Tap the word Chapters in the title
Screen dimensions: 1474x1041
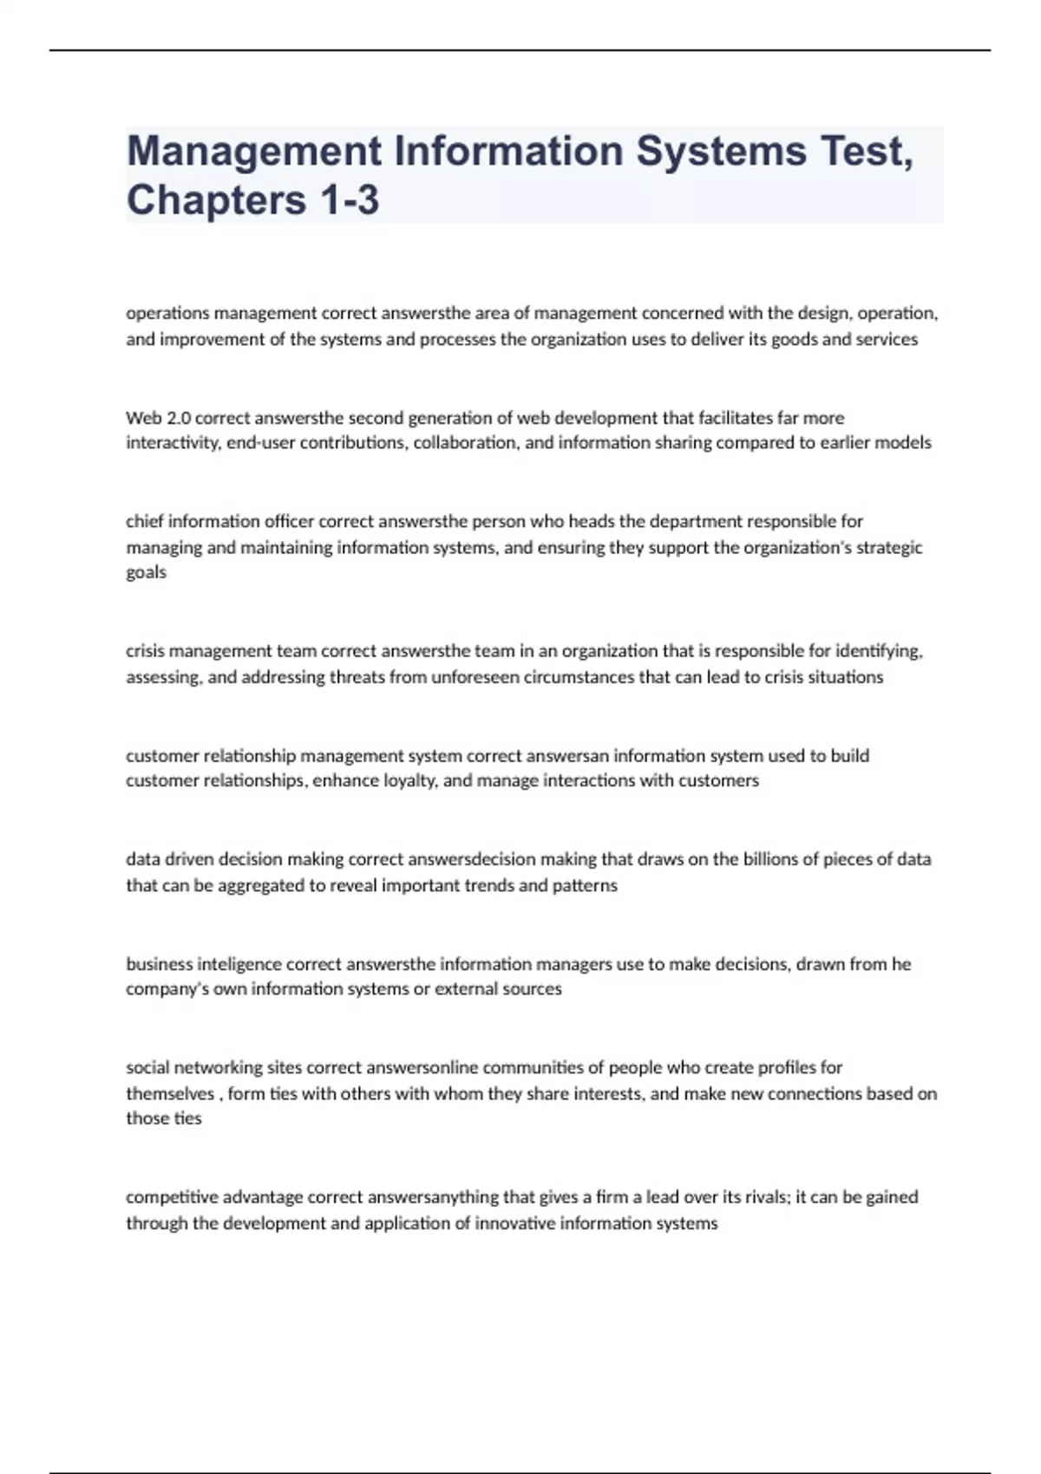click(216, 199)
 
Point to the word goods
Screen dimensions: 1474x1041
click(795, 339)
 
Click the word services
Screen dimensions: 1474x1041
click(887, 339)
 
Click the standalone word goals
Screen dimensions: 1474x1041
click(146, 572)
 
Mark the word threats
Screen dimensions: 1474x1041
click(357, 677)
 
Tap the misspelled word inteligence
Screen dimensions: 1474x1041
click(239, 964)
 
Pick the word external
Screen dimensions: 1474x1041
click(465, 989)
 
